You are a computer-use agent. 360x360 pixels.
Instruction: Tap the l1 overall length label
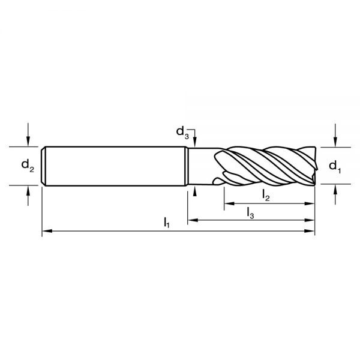(x=167, y=223)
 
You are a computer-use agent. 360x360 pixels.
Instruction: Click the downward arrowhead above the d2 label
(x=28, y=141)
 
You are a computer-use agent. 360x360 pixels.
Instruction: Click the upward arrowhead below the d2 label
(x=28, y=190)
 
